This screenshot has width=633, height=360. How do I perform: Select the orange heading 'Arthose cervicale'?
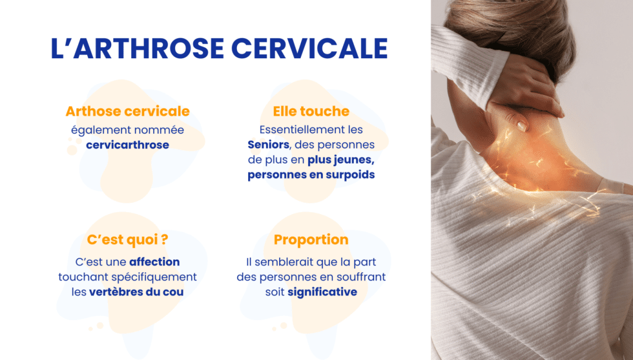127,111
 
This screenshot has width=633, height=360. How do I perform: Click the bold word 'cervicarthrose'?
127,145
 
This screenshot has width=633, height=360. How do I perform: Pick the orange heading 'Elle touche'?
311,111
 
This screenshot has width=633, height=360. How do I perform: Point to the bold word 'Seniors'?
268,144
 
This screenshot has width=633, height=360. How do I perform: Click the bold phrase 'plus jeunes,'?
340,160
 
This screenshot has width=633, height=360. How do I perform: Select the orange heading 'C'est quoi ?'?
127,240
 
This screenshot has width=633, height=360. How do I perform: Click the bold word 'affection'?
154,262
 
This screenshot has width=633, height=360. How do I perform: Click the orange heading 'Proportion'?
311,240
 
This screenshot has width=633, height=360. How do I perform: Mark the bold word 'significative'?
322,291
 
